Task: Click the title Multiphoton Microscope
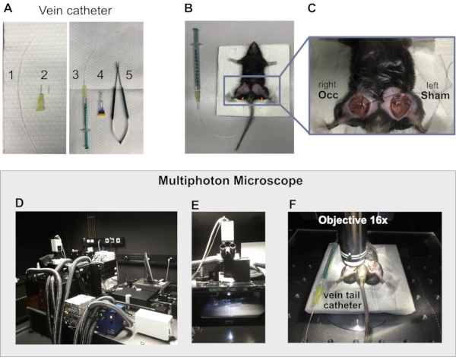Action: tap(227, 182)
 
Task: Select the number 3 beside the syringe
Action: tap(75, 74)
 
